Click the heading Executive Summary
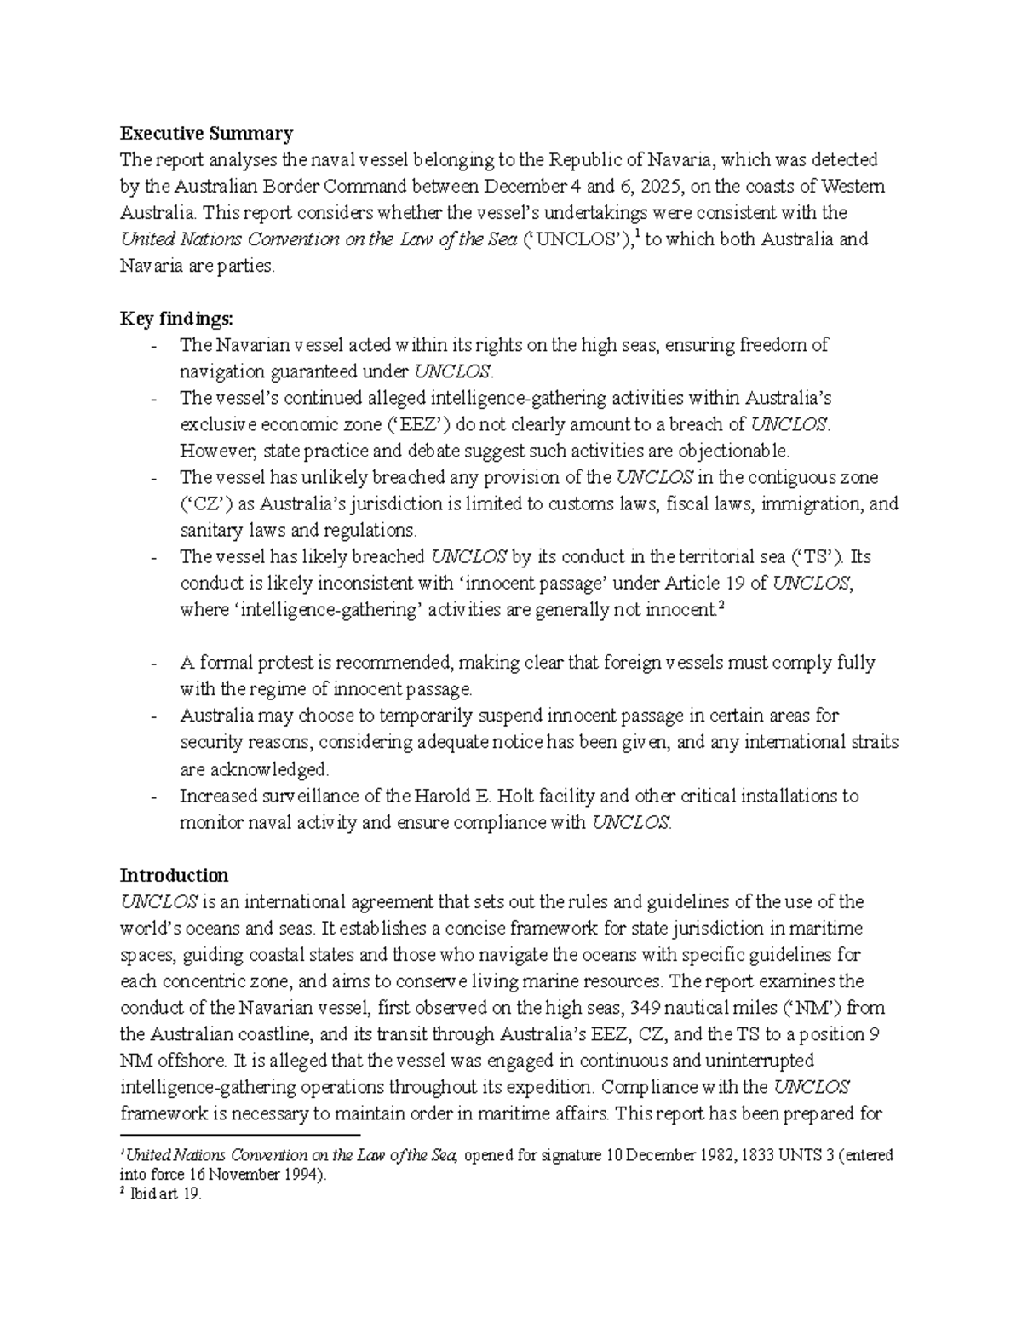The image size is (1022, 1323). click(x=206, y=133)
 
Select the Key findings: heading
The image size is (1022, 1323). click(x=175, y=319)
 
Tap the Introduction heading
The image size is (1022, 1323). click(x=174, y=875)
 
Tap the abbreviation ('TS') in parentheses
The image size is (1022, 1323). click(x=815, y=556)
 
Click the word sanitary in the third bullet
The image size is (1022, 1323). click(x=209, y=530)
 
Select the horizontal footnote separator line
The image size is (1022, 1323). click(x=241, y=1136)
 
